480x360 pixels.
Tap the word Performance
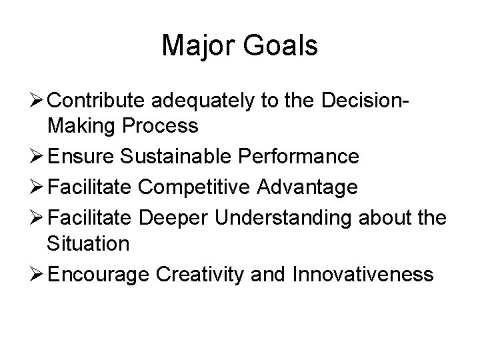303,157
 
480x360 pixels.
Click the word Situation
88,243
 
